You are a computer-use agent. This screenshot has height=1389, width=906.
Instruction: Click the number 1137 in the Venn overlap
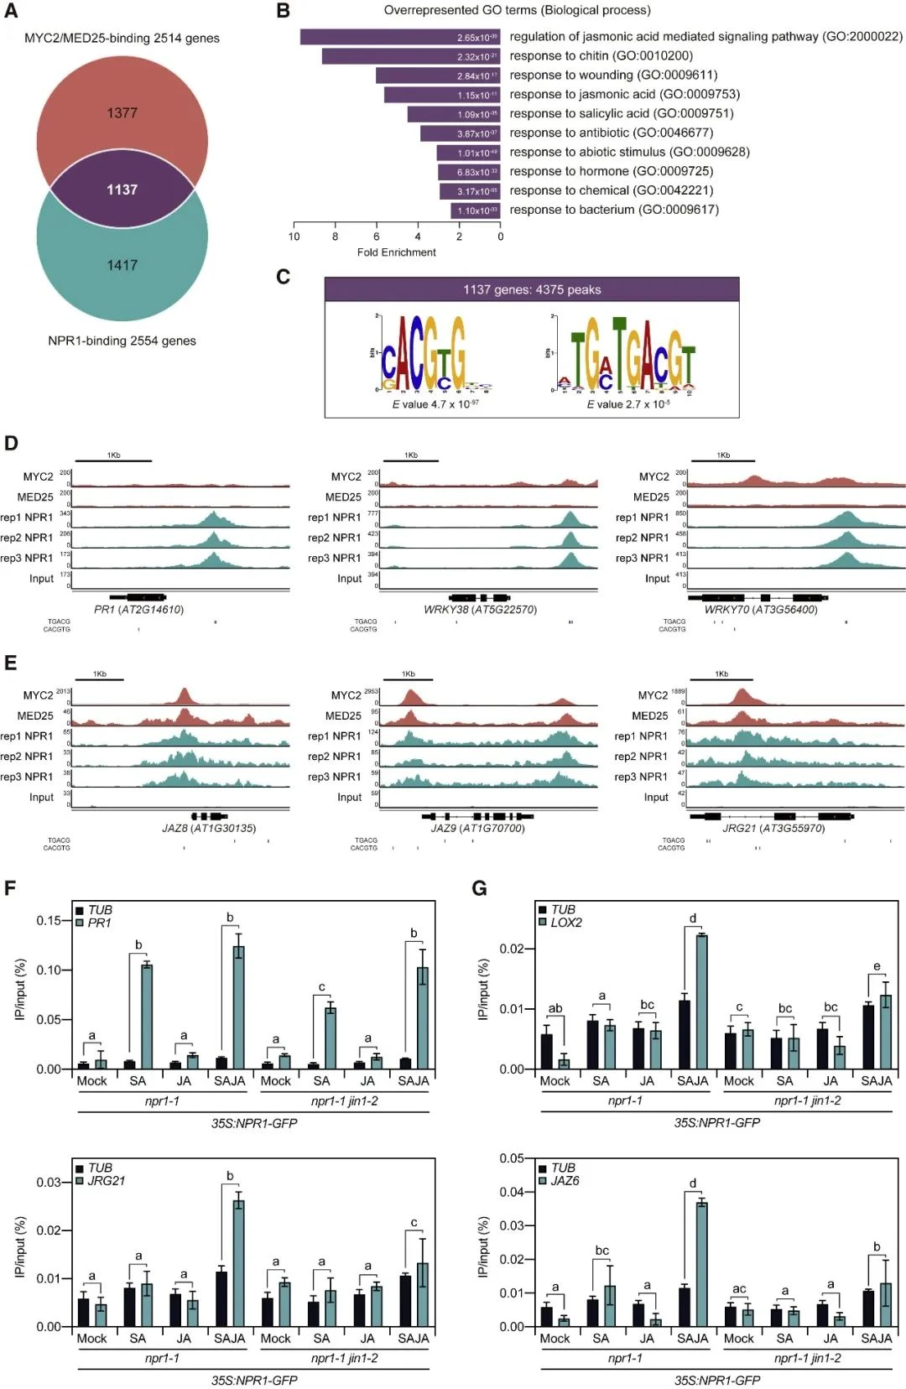point(122,190)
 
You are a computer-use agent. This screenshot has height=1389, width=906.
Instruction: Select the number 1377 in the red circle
point(122,112)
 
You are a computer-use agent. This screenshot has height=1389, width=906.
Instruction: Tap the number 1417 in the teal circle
point(122,265)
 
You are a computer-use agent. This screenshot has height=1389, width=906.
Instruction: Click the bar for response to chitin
point(410,56)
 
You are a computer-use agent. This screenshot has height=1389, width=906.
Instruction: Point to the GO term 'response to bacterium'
point(614,210)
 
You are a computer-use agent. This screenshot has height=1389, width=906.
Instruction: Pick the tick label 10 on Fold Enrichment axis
point(294,237)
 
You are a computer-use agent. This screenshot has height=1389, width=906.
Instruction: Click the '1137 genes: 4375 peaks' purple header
point(532,289)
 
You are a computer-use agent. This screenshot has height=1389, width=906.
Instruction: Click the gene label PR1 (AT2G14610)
point(138,610)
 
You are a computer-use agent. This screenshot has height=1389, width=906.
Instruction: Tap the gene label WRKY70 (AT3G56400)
point(760,610)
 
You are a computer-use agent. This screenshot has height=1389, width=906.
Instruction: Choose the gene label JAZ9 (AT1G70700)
point(477,828)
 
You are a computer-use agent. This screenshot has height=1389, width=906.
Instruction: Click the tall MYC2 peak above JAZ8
point(184,695)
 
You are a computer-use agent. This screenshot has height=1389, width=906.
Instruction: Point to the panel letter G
point(480,888)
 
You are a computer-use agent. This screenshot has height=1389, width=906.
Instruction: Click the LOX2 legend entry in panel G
point(565,923)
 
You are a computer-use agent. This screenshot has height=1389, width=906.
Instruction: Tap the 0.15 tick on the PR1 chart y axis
point(49,920)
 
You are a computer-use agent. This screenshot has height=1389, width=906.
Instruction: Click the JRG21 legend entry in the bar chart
point(106,1181)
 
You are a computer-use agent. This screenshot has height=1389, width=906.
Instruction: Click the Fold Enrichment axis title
point(396,252)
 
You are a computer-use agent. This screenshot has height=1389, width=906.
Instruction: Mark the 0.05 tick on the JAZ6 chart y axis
point(512,1158)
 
